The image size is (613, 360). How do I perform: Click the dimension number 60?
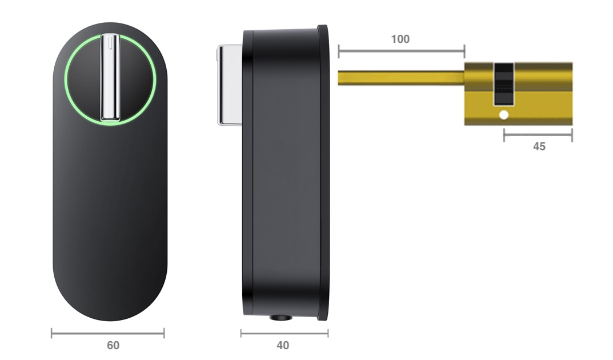pos(113,345)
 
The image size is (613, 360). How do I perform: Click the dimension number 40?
pos(283,345)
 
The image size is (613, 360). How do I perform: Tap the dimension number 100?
pos(400,39)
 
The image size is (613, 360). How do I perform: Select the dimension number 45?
pos(539,147)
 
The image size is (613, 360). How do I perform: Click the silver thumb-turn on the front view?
pos(110,77)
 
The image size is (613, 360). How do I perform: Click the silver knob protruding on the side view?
pos(230,85)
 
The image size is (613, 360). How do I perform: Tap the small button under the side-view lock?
pos(281,318)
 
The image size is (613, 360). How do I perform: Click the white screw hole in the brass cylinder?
pos(504,115)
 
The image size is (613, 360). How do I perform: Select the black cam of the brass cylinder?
pos(503,84)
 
